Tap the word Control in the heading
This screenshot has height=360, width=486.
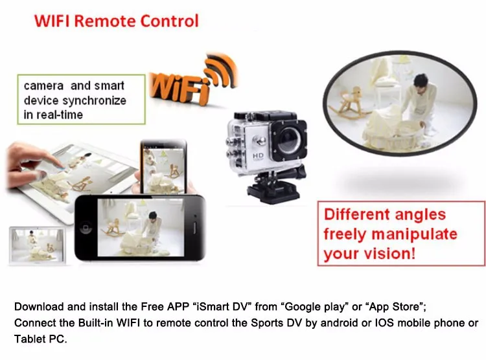pos(169,21)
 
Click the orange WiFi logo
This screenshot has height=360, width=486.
pos(193,80)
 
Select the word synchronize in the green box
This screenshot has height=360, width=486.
pos(95,101)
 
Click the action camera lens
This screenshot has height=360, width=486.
pos(289,141)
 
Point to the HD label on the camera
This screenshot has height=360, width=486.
pos(258,155)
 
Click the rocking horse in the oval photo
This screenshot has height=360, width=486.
pos(349,103)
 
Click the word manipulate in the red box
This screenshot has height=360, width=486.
pos(415,234)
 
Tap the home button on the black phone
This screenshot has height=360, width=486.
pos(86,228)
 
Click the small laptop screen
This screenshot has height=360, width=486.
pos(38,245)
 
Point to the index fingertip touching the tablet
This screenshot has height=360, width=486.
pos(62,166)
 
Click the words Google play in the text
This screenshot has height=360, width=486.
pos(314,307)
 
